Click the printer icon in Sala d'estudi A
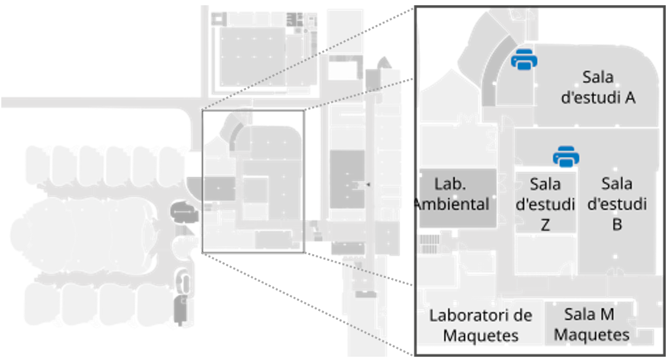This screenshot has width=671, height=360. pyautogui.click(x=524, y=60)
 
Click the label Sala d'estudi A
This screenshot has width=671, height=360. pyautogui.click(x=597, y=87)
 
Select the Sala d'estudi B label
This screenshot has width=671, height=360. pyautogui.click(x=616, y=203)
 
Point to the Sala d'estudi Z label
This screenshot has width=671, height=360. pyautogui.click(x=545, y=203)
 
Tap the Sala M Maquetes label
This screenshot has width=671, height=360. pyautogui.click(x=591, y=325)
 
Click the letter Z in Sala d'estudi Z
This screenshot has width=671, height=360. pyautogui.click(x=545, y=225)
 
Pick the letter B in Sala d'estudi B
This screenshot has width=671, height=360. pyautogui.click(x=616, y=225)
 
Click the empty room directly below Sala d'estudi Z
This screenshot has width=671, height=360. pyautogui.click(x=545, y=254)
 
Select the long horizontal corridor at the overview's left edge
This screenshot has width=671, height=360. pyautogui.click(x=99, y=102)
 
